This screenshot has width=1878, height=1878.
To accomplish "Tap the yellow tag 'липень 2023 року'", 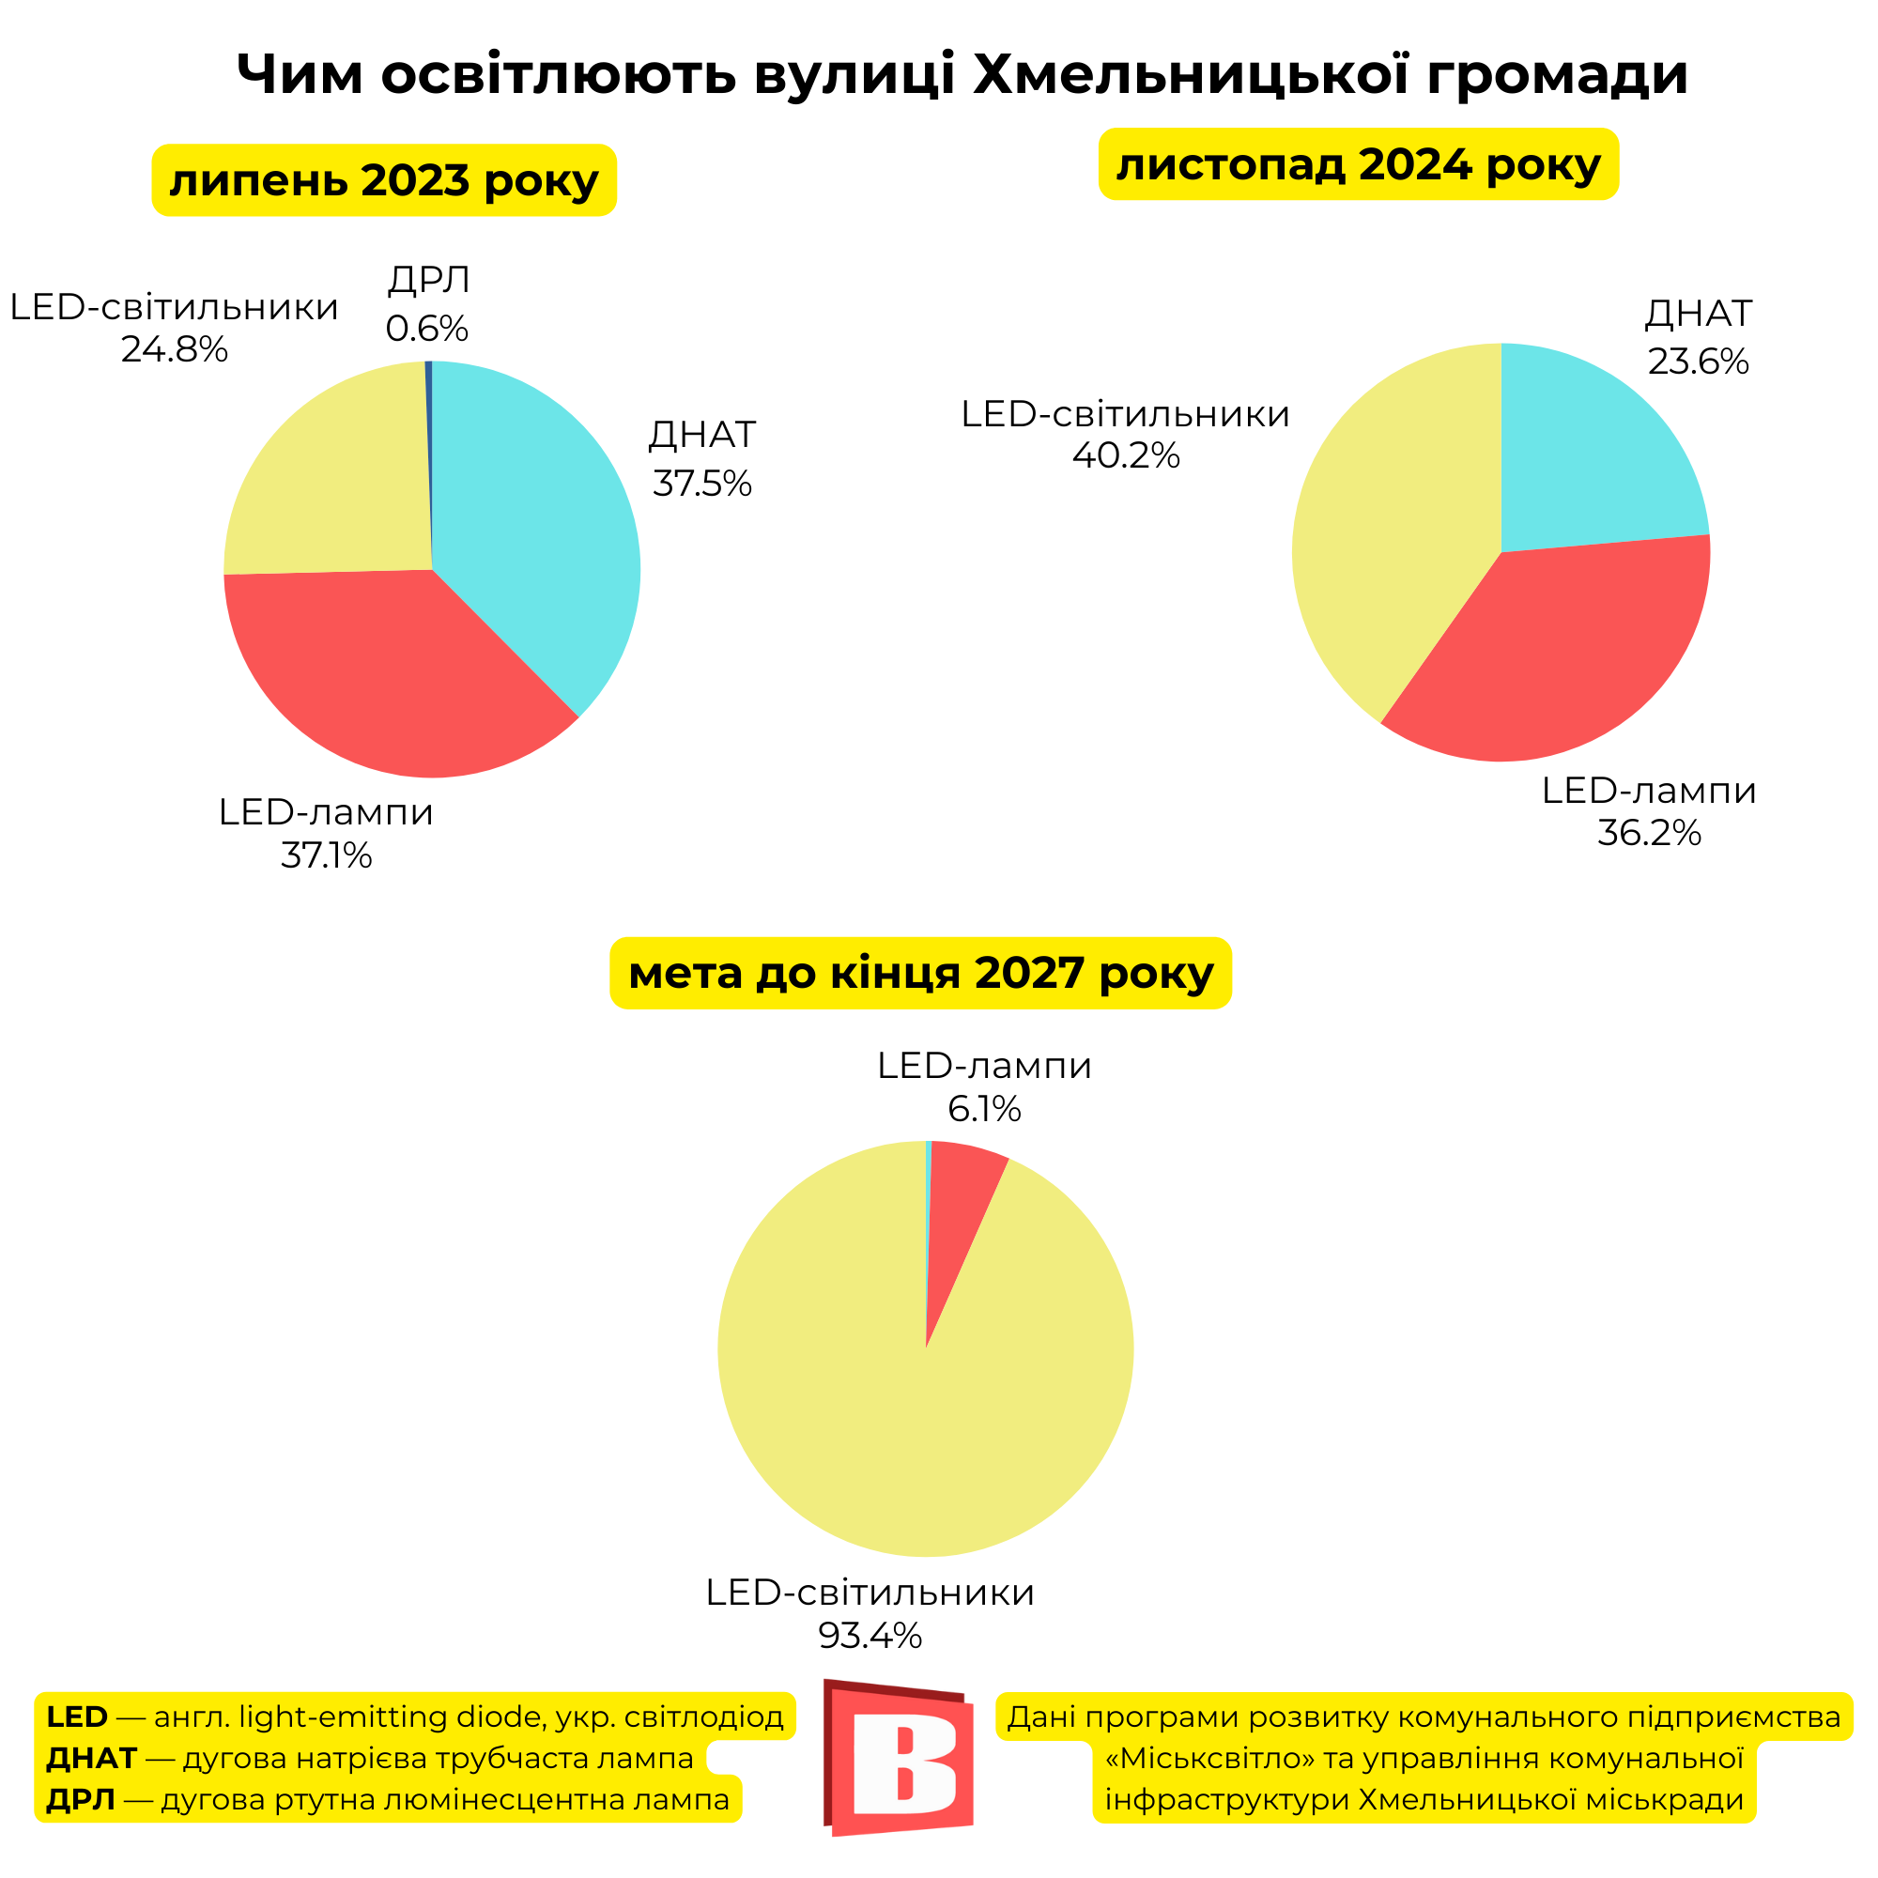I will coord(384,181).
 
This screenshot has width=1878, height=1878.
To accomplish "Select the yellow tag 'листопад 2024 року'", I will coord(1358,164).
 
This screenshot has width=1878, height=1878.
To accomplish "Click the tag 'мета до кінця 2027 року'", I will coord(919,973).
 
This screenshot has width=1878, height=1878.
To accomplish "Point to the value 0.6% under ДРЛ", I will coord(426,329).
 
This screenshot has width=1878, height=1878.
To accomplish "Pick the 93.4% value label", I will coord(869,1636).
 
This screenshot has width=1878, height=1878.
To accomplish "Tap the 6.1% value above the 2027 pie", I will coord(984,1109).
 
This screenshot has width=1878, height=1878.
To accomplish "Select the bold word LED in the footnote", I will coord(77,1716).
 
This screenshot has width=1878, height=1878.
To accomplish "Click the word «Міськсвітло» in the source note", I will coord(1210,1759).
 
